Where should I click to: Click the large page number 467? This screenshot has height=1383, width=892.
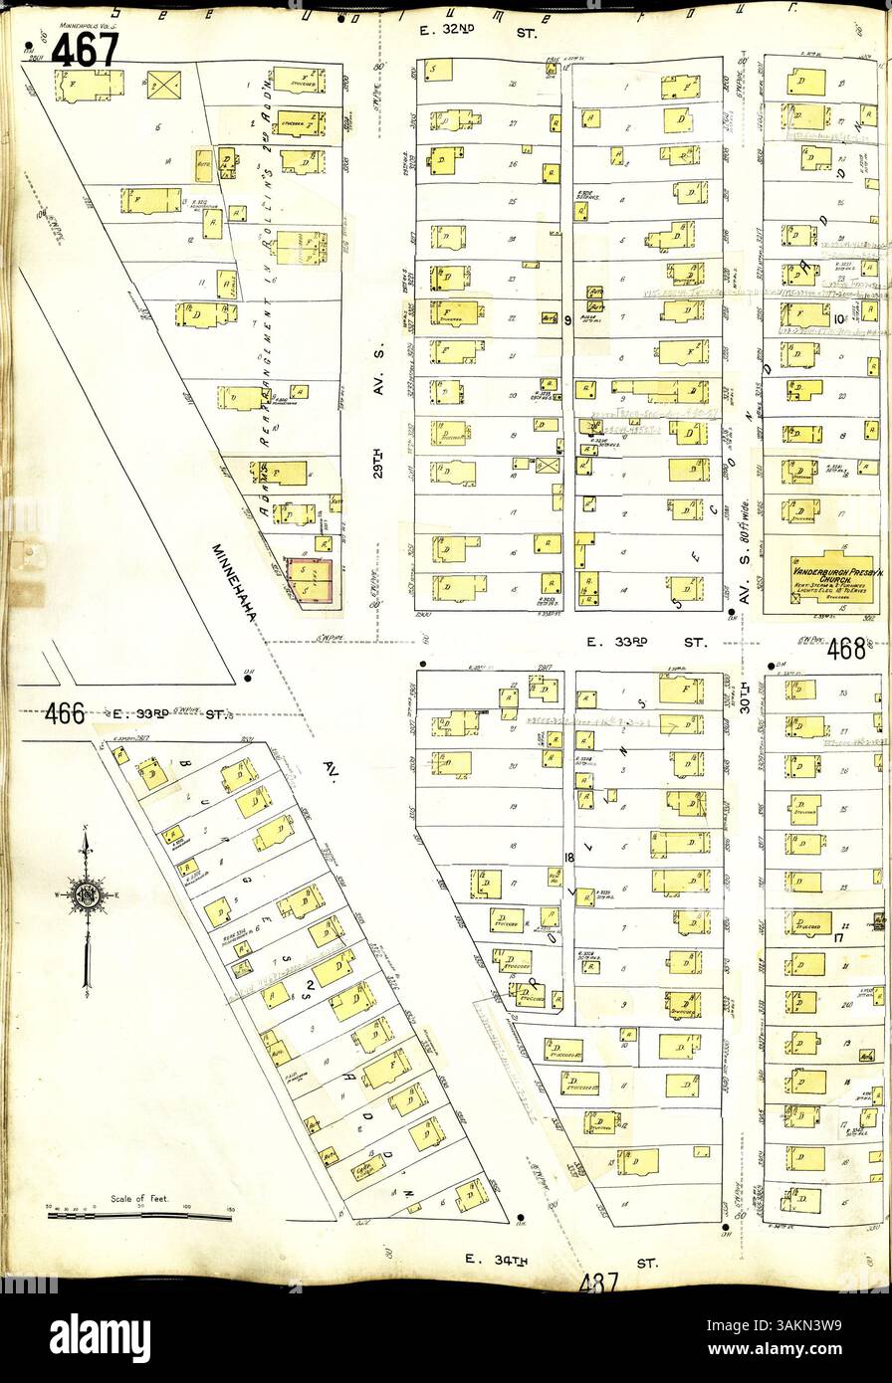85,49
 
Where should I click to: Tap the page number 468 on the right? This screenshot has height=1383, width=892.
846,649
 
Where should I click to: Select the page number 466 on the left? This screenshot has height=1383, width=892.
66,712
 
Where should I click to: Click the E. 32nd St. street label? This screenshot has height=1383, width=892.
479,33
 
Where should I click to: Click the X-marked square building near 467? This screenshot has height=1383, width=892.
163,86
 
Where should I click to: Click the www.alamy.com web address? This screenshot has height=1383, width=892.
795,1350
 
